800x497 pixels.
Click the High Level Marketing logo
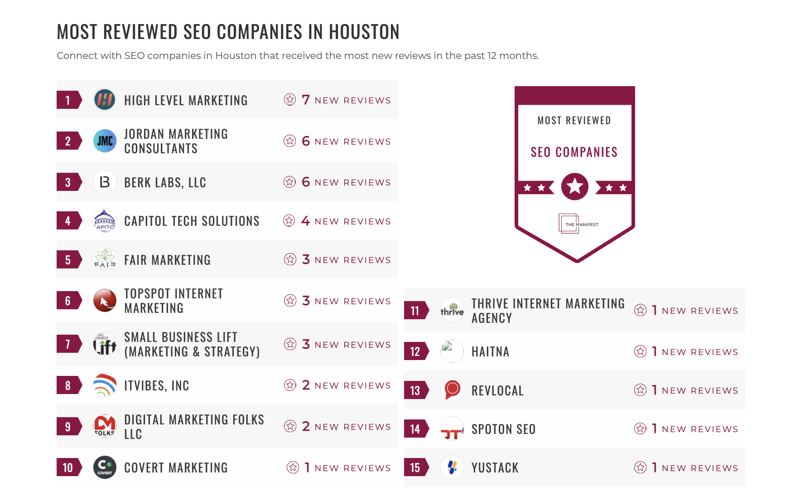click(105, 100)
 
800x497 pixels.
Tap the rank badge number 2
click(68, 141)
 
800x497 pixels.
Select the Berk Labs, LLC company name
click(165, 182)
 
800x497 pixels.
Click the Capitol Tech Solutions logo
click(105, 221)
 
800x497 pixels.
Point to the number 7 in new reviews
click(306, 100)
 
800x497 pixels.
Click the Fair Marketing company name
click(167, 260)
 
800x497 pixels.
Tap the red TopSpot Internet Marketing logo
click(105, 301)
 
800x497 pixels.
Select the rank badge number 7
click(68, 344)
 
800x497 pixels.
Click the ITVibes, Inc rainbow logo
click(105, 385)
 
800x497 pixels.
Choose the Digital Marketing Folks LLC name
click(194, 426)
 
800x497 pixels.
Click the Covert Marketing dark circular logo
click(105, 468)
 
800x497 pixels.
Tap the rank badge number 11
click(415, 311)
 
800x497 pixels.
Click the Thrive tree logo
click(452, 311)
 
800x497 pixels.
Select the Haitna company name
click(490, 352)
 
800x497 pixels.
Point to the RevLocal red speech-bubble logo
click(452, 390)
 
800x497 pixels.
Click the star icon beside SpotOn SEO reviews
click(640, 429)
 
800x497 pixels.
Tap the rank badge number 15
click(415, 468)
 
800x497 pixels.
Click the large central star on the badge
click(574, 186)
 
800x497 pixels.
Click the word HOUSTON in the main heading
click(364, 32)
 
